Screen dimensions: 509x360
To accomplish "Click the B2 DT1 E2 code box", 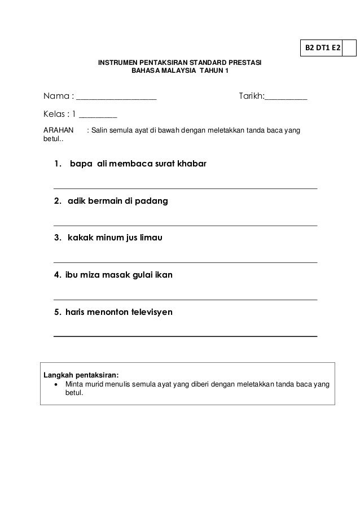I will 322,48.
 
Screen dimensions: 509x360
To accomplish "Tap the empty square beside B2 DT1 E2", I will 349,48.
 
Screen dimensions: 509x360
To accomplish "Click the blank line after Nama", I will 116,99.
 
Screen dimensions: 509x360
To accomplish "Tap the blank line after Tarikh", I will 286,99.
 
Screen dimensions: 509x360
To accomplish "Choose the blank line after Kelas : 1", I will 98,117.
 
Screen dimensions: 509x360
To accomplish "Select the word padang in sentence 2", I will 152,201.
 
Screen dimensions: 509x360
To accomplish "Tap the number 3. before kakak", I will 58,238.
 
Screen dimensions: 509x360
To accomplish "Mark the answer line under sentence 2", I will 185,226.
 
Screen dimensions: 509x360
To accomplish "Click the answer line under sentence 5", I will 185,336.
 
